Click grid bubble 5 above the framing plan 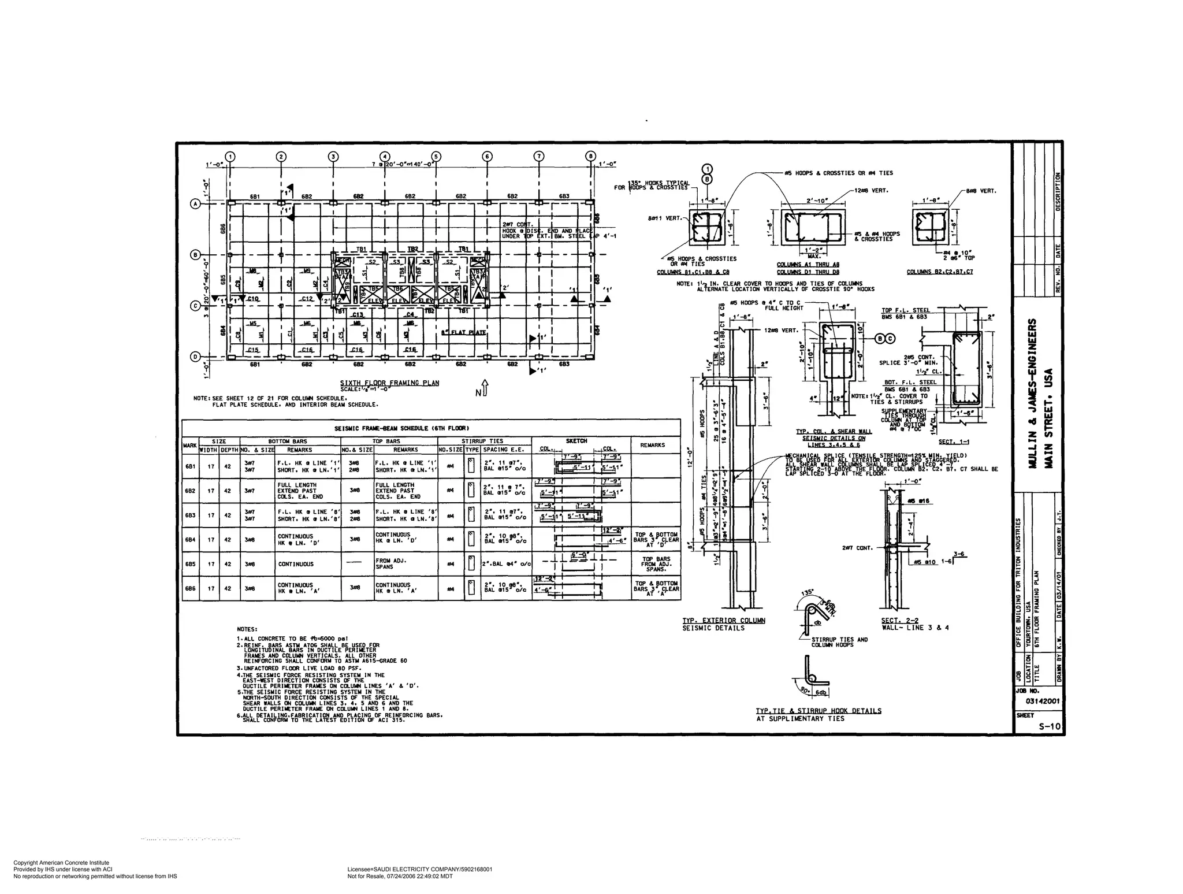click(436, 156)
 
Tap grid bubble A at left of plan click(196, 203)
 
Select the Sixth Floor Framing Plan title click(389, 383)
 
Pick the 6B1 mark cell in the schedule click(190, 466)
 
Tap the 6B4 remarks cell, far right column click(656, 539)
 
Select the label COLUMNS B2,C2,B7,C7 click(940, 272)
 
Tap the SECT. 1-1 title click(954, 442)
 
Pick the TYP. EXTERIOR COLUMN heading click(723, 620)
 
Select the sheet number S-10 click(1050, 726)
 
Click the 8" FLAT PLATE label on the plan click(463, 332)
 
